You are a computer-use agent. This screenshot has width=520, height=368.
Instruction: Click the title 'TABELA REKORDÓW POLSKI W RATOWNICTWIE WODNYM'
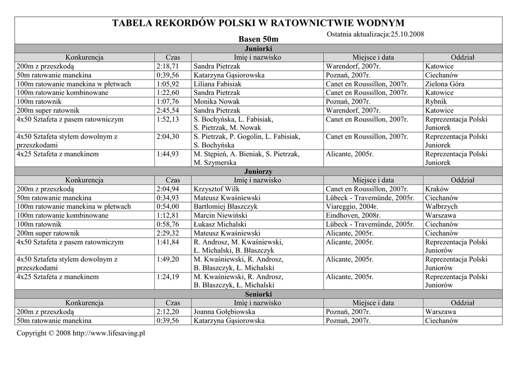coord(258,24)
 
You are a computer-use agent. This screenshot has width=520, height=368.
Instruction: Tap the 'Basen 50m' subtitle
coord(258,39)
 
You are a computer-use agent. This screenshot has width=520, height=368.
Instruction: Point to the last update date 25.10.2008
coord(407,34)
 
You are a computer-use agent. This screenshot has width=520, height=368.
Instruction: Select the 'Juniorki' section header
coord(258,48)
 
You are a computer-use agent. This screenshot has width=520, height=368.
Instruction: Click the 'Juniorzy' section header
coord(258,172)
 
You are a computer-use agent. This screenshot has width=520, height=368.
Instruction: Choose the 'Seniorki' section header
coord(258,294)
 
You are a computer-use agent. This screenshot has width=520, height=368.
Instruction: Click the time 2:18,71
coord(168,66)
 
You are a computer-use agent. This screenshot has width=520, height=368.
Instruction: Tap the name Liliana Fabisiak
coord(217,84)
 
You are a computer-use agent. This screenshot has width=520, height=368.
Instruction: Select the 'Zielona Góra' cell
coord(447,84)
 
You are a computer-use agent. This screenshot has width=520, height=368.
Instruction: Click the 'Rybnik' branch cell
coord(436,102)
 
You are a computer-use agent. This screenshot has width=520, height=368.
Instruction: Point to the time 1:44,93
coord(168,154)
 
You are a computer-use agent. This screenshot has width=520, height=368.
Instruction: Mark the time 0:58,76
coord(168,224)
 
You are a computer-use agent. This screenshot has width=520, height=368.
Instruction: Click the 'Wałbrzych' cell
coord(441,207)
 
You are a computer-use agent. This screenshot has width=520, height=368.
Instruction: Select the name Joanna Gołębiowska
coord(224,312)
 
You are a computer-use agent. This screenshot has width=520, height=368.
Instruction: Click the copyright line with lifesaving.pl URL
coord(81,333)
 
